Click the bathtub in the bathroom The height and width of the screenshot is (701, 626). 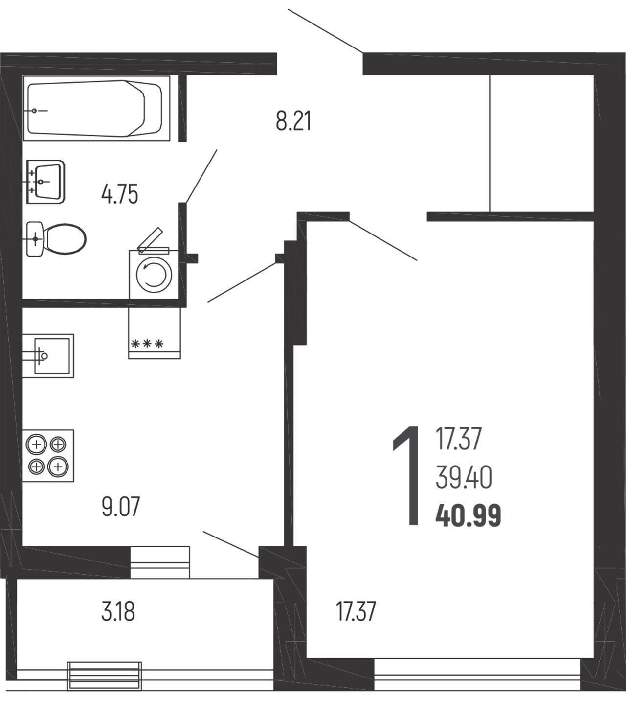(x=96, y=108)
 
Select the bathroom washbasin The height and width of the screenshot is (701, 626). (x=46, y=182)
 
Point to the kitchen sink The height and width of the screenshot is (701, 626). (x=48, y=356)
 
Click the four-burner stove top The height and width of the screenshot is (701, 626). (x=48, y=456)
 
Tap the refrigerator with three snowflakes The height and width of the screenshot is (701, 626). (x=155, y=333)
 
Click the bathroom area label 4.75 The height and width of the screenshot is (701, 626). (x=120, y=194)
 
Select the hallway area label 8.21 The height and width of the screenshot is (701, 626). (x=293, y=121)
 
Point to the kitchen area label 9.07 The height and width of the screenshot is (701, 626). (x=121, y=506)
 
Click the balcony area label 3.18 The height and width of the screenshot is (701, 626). (x=118, y=611)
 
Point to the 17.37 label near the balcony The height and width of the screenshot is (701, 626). (x=356, y=611)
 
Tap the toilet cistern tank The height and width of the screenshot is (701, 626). (x=35, y=239)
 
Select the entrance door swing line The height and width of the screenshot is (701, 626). (x=325, y=31)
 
